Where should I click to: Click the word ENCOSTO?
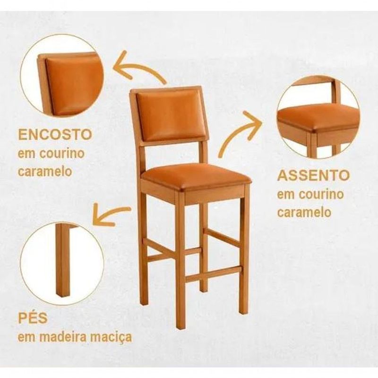[x=55, y=135]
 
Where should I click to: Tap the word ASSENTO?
[x=313, y=175]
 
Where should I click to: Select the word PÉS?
[x=33, y=318]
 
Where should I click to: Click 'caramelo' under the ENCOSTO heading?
[x=45, y=172]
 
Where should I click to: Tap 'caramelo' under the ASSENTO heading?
[x=304, y=212]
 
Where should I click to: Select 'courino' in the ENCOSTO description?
[x=62, y=153]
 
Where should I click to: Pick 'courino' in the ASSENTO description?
[x=321, y=194]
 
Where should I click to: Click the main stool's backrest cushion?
[x=170, y=116]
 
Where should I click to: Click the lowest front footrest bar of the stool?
[x=214, y=274]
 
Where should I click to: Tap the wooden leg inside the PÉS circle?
[x=63, y=260]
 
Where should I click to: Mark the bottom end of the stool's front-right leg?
[x=244, y=312]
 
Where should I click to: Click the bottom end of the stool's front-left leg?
[x=180, y=327]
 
